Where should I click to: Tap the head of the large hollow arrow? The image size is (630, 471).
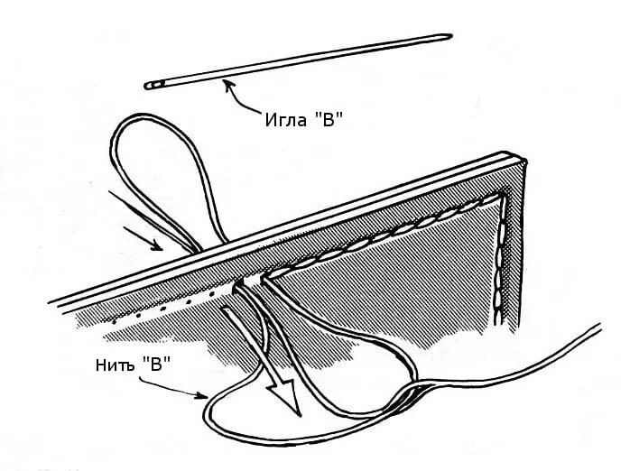point(288,401)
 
